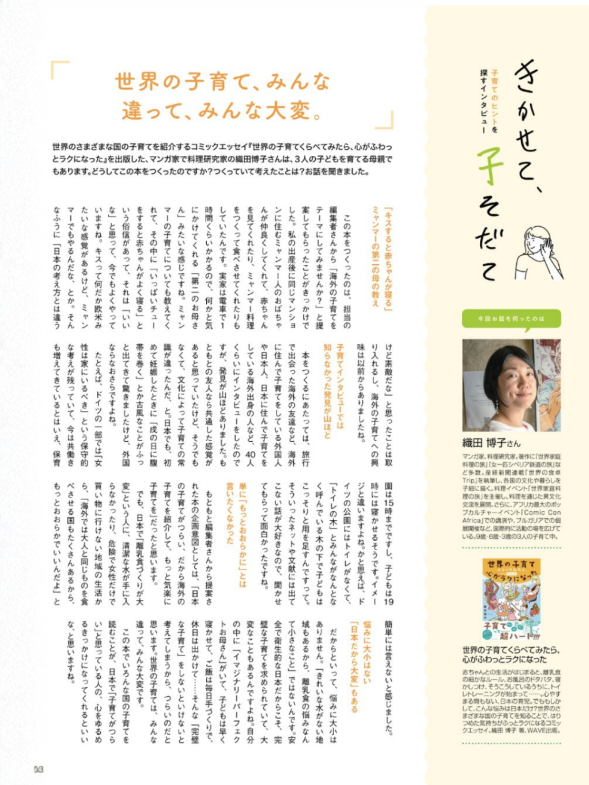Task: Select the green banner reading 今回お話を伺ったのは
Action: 511,318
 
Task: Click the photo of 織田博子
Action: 511,385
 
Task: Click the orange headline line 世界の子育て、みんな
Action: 222,83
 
